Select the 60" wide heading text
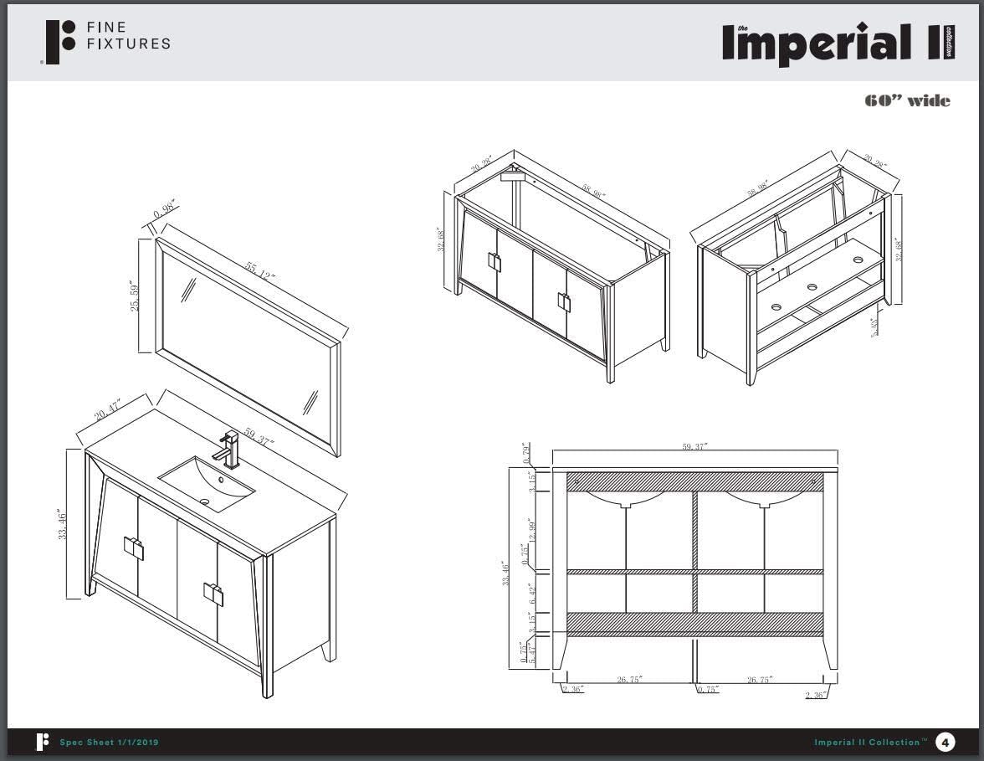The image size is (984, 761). pos(907,101)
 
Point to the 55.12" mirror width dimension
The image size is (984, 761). pos(260,271)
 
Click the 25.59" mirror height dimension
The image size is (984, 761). pos(136,295)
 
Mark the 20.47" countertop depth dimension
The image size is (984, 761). pos(108,411)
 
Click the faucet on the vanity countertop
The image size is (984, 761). pos(228,449)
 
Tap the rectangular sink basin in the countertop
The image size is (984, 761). pos(206,483)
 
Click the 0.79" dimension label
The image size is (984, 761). pos(525,453)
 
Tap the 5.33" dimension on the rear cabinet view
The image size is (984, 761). pos(874,327)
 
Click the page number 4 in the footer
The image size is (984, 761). pos(945,742)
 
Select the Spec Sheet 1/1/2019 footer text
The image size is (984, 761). pos(109,743)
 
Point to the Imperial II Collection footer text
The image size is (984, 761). pos(870,743)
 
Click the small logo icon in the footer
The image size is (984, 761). pos(42,742)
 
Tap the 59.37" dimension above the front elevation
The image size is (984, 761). pos(694,447)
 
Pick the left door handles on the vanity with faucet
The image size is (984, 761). pos(134,548)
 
